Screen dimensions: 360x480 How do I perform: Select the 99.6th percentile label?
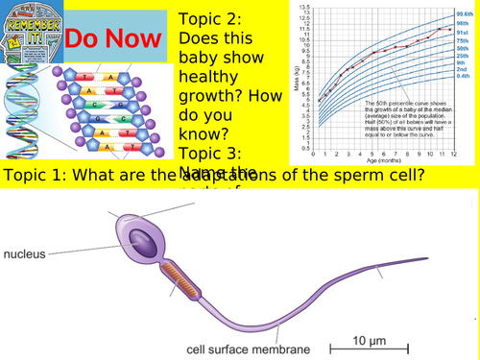(x=467, y=14)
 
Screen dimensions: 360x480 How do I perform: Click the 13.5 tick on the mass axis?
(x=305, y=7)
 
